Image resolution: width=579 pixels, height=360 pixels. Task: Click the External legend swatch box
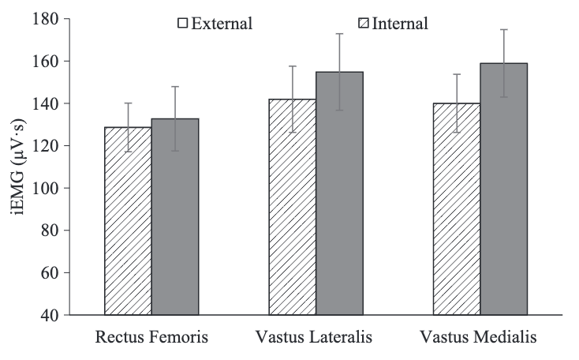pos(182,23)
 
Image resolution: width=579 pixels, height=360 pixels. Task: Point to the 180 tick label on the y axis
pos(48,19)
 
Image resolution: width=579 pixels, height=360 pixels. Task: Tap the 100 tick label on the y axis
pos(48,189)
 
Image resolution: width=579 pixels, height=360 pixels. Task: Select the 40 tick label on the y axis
pos(52,315)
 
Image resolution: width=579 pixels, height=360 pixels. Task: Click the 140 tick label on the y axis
pos(48,103)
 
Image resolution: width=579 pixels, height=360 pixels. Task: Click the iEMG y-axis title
pos(16,167)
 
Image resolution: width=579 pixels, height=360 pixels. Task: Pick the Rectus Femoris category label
pos(151,338)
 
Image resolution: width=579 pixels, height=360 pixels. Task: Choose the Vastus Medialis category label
pos(480,338)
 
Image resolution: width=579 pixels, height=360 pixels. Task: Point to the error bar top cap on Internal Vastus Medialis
pos(504,29)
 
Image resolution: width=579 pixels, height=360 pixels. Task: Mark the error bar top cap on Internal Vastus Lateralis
pos(339,34)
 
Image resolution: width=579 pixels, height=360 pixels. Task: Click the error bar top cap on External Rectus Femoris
pos(128,103)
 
